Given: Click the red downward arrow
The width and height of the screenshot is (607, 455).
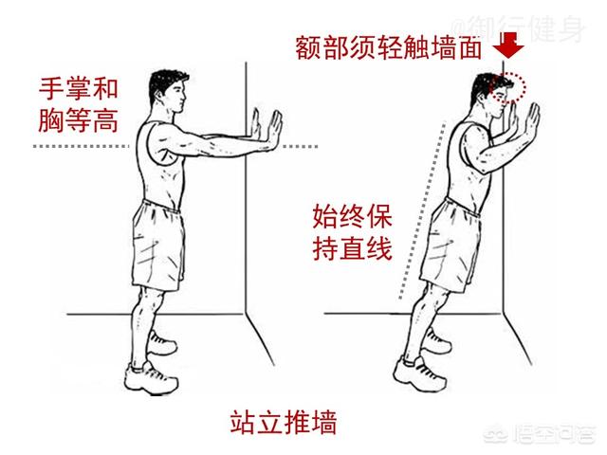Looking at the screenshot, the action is point(508,45).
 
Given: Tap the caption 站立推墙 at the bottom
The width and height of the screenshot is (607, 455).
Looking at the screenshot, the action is point(283,423).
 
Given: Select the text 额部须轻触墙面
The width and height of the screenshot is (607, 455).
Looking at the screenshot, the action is point(388,48).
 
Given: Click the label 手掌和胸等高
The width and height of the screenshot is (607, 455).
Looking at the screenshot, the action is point(78,105).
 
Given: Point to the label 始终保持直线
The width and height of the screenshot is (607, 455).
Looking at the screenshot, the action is point(352,232).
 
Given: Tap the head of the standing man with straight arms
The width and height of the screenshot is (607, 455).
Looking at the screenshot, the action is point(168,92).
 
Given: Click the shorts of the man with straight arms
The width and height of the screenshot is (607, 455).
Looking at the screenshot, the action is point(158,246).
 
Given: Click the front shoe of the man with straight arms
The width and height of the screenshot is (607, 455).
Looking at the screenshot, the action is point(152,377).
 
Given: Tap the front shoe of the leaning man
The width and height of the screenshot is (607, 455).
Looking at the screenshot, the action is point(419,374).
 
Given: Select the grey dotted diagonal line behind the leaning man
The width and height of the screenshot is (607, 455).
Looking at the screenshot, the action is point(421,210).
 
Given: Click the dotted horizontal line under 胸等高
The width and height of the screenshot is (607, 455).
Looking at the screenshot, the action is point(81,146).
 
